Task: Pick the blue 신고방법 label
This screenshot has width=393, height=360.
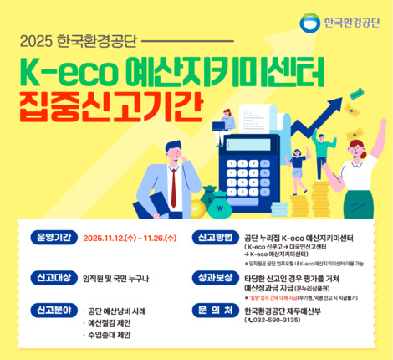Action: [215, 237]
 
